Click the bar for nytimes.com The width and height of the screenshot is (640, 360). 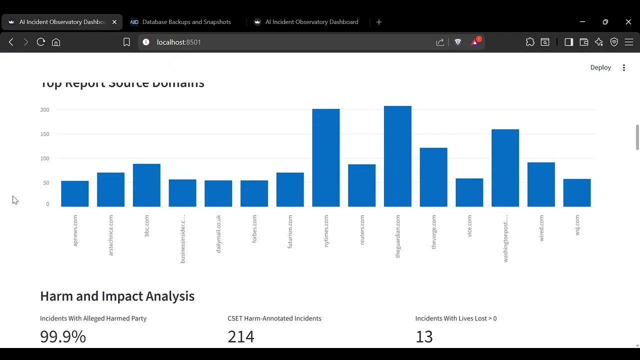(326, 157)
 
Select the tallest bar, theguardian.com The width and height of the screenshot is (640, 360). (397, 156)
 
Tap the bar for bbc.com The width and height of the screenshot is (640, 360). (146, 185)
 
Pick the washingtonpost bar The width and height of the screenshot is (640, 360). (505, 168)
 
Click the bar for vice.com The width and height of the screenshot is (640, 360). (469, 192)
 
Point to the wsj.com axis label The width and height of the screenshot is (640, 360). (577, 225)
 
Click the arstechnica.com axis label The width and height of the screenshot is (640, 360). (111, 235)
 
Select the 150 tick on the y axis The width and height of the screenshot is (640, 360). (45, 134)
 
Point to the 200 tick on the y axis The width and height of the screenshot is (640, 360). (45, 109)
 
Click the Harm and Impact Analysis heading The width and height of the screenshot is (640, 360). (117, 296)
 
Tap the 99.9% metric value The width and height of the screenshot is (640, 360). (63, 336)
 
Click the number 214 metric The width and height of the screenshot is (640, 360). (241, 336)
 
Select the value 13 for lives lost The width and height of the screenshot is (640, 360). (424, 336)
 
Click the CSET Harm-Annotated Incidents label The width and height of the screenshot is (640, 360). (274, 318)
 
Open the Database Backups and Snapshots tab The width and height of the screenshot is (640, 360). (186, 22)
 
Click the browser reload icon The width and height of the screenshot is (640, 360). (41, 42)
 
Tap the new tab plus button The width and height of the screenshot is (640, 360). (379, 22)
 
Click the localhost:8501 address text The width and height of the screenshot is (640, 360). (178, 42)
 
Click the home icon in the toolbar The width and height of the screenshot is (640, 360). (56, 42)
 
